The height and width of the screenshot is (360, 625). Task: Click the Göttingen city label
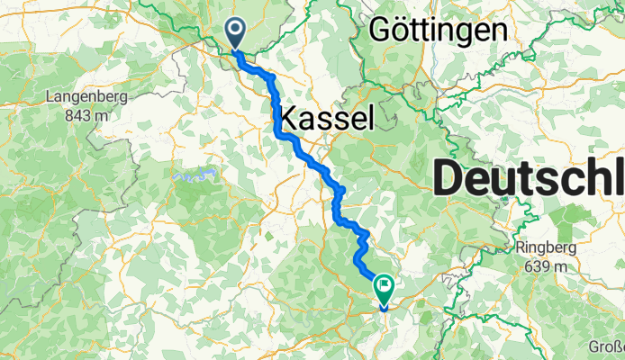[x=438, y=30]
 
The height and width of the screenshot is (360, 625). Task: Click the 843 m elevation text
[x=88, y=114]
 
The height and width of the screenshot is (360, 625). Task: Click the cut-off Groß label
[x=606, y=346]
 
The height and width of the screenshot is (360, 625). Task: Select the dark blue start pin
[x=236, y=34]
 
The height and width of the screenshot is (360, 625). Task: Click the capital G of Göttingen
[x=381, y=30]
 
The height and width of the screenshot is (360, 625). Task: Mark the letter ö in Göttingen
[x=401, y=31]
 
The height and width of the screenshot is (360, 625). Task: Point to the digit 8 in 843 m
[x=74, y=114]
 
